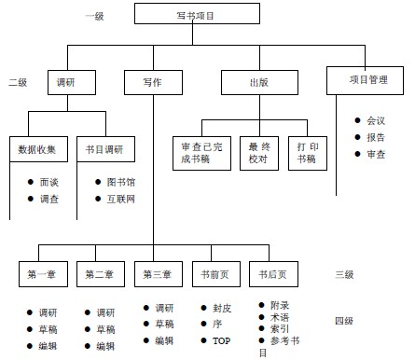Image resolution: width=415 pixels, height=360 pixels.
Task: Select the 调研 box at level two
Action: pos(71,83)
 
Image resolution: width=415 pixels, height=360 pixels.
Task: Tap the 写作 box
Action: pos(152,83)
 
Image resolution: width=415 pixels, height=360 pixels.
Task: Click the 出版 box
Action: pos(258,83)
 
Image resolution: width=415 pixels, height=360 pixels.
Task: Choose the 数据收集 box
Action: pos(37,149)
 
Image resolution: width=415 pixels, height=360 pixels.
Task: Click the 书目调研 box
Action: pos(104,149)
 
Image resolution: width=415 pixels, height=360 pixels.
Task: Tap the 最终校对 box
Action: pos(258,153)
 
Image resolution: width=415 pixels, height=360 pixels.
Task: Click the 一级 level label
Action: pos(94,17)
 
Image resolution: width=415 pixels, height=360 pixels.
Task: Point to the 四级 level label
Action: pos(343,322)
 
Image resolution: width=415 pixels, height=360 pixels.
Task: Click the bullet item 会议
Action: pos(375,120)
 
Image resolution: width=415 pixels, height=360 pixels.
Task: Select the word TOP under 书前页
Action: pos(222,341)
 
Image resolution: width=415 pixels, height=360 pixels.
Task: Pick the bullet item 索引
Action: pos(279,329)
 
